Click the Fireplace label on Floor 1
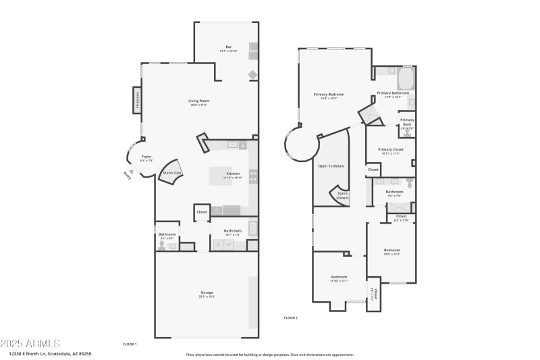[x=138, y=99]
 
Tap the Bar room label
[x=229, y=47]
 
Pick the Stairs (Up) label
[x=173, y=173]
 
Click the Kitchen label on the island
[x=233, y=174]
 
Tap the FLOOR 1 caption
[x=130, y=344]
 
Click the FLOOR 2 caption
[x=290, y=317]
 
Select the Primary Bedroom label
[x=329, y=95]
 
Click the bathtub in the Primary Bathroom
[x=405, y=80]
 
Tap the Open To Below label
[x=331, y=165]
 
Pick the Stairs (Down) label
[x=342, y=195]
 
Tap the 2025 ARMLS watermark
[x=30, y=344]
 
